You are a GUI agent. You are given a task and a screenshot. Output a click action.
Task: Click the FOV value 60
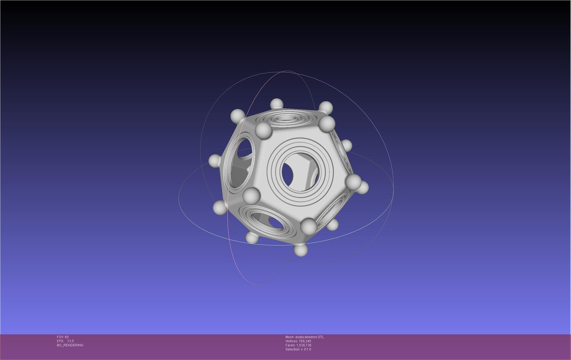[x=67, y=337]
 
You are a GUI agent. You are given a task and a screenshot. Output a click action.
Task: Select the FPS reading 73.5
[x=70, y=341]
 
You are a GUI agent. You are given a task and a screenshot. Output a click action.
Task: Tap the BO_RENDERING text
[x=70, y=345]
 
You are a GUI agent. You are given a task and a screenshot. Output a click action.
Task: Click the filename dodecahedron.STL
[x=310, y=337]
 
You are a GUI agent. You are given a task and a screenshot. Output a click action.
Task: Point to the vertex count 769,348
[x=305, y=341]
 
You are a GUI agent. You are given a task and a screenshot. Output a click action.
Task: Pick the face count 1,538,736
[x=304, y=345]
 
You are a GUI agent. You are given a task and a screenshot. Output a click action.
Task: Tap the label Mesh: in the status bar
[x=290, y=337]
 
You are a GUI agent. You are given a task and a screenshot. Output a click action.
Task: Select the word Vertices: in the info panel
[x=292, y=341]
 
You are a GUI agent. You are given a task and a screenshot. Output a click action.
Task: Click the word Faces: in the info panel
[x=290, y=345]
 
